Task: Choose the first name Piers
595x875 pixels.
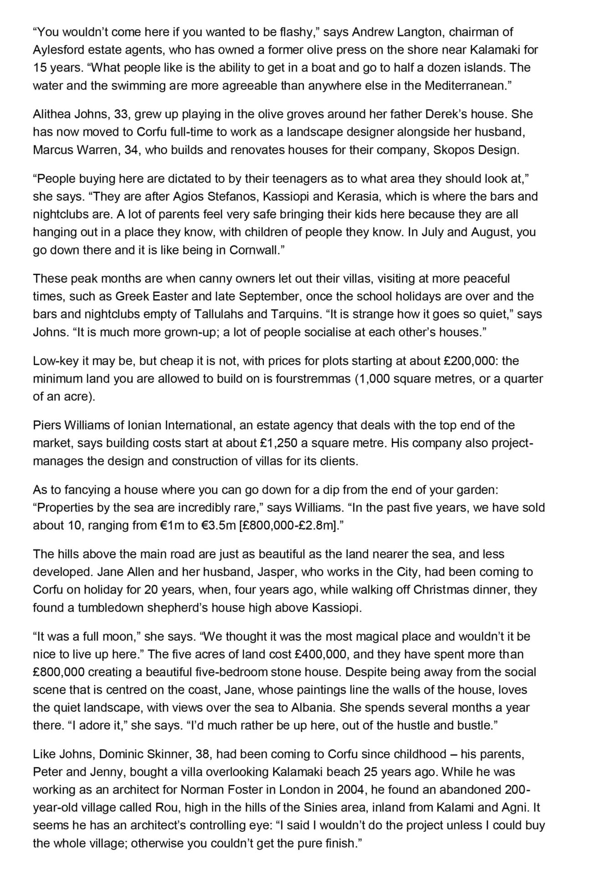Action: [x=47, y=425]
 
